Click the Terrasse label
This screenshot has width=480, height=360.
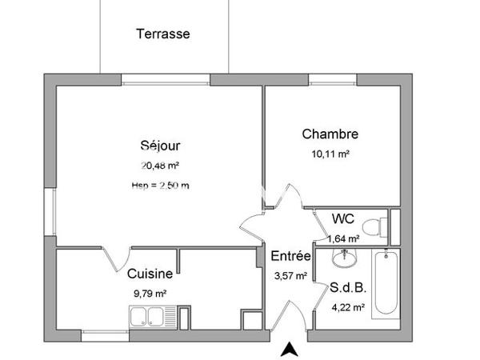tap(162, 34)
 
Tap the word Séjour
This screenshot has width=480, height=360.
tap(160, 146)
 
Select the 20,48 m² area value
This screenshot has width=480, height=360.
tap(160, 166)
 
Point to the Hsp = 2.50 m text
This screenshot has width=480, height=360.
tap(160, 186)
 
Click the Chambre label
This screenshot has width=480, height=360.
tap(330, 134)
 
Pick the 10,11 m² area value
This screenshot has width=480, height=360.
tap(330, 154)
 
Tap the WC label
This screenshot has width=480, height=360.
tap(343, 218)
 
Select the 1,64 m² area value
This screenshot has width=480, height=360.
tap(343, 238)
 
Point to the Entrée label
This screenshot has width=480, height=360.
tap(290, 257)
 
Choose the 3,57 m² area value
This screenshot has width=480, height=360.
tap(290, 276)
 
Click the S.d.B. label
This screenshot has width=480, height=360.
tap(347, 287)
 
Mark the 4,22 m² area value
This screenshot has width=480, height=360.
tap(347, 306)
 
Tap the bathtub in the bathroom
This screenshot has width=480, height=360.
tap(386, 283)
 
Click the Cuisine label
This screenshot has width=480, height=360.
tap(150, 274)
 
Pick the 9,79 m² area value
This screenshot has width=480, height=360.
tap(150, 293)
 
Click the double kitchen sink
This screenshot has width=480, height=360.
tap(149, 315)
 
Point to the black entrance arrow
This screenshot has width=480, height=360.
tap(290, 349)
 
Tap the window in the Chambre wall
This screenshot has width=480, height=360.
tap(333, 79)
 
